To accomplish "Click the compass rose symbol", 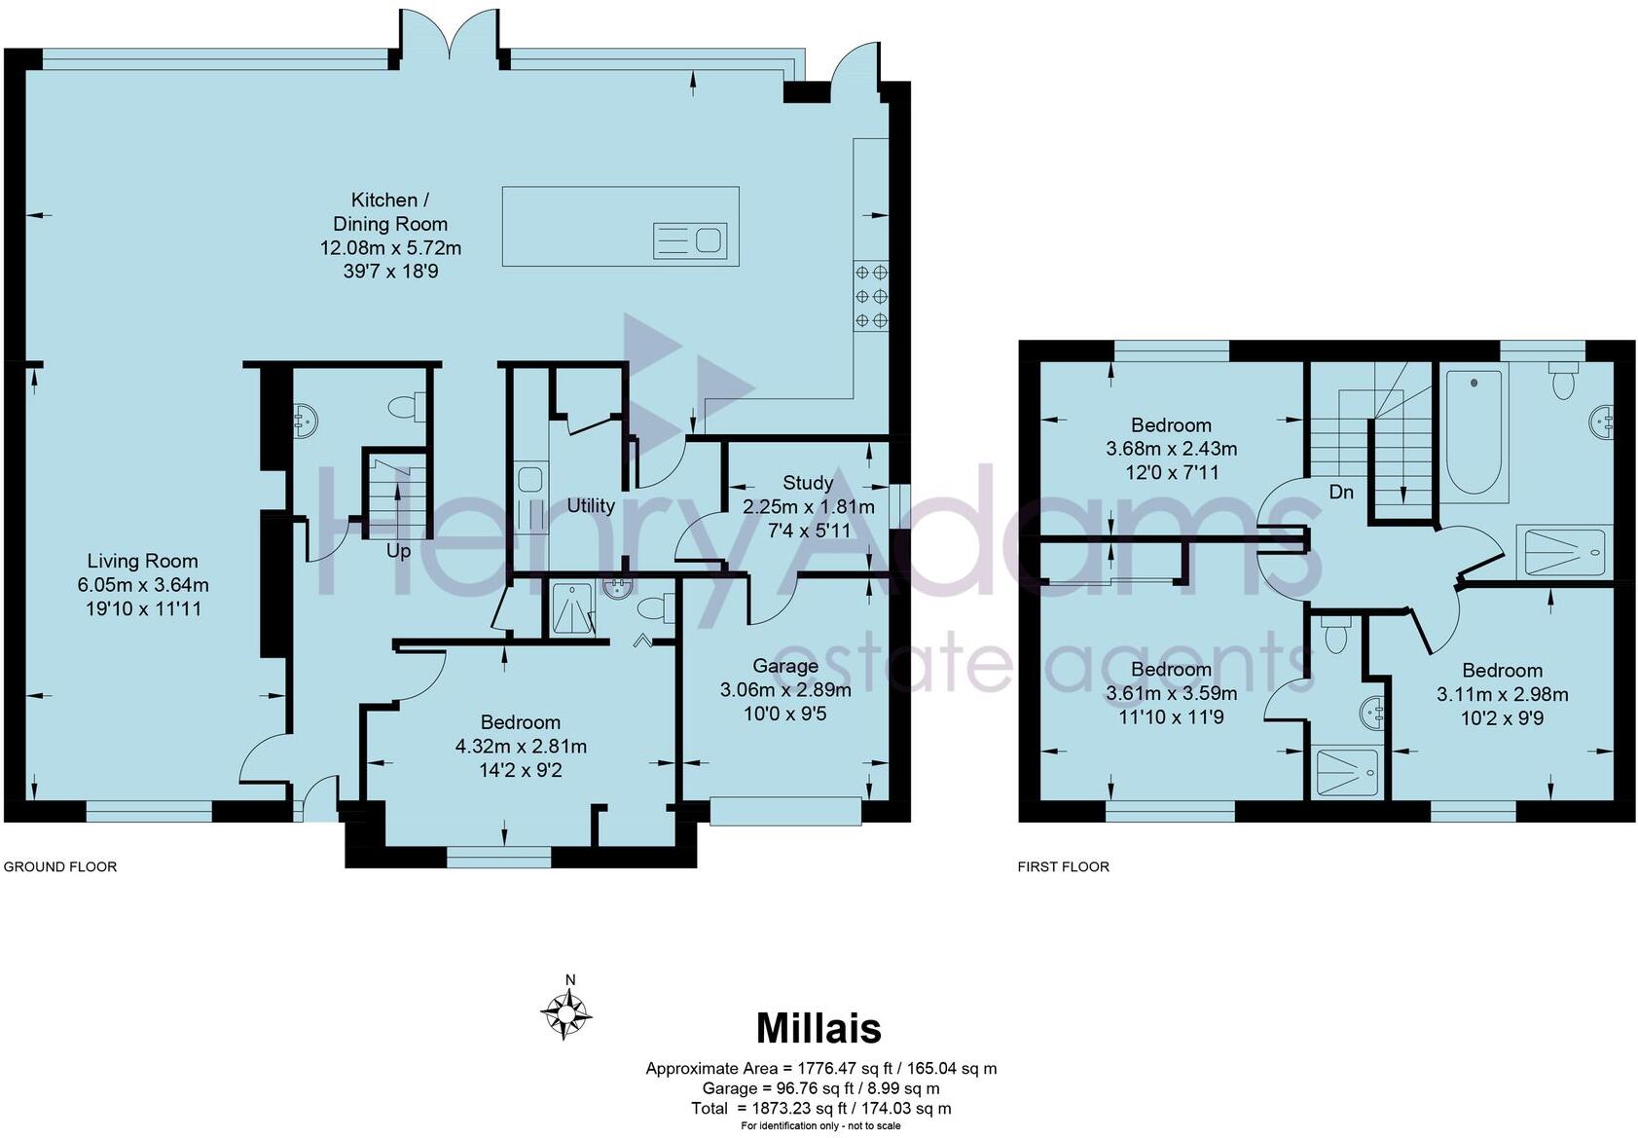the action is tap(566, 1013).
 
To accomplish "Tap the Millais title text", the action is tap(819, 1028).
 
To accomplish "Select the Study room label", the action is tap(807, 483).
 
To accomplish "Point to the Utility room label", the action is tap(591, 505).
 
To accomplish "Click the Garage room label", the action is tap(785, 666).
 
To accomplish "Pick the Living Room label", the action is tap(143, 561).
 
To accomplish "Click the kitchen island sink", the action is tap(690, 239).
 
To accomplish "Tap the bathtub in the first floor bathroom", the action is tap(1474, 432).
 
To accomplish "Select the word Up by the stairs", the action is tap(398, 551).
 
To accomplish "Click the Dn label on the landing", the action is tap(1341, 493).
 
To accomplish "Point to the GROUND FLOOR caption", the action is tap(60, 866).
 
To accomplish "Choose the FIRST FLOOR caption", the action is tap(1063, 866).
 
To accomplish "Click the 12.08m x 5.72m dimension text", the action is tap(390, 248).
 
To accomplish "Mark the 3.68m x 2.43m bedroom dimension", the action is tap(1172, 449).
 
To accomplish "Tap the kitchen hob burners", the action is tap(871, 296).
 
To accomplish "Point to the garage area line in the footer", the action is tap(820, 1088).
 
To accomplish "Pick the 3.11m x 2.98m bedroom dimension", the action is tap(1502, 694).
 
